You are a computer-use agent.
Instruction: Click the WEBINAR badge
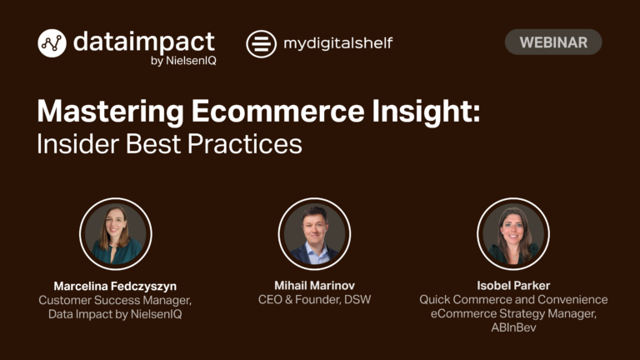coord(553,42)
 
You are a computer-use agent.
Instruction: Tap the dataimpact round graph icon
coord(52,43)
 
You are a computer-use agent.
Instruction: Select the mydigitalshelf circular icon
coord(261,44)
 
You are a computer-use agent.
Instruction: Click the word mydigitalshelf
coord(338,43)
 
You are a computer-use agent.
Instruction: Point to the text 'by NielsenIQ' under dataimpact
coord(183,61)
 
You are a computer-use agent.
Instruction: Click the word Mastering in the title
coord(111,111)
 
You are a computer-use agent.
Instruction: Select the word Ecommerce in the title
coord(278,111)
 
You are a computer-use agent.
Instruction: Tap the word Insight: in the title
coord(426,111)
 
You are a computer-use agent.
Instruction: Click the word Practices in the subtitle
coord(245,143)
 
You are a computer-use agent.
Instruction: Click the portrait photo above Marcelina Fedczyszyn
coord(116,234)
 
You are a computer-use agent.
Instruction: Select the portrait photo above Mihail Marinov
coord(314,234)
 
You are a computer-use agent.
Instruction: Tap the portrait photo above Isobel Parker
coord(513,234)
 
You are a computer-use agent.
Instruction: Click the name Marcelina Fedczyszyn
coord(115,286)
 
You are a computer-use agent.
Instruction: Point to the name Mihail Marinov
coord(314,285)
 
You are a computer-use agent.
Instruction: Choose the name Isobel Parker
coord(513,285)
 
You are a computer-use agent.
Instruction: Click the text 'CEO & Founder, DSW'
coord(314,300)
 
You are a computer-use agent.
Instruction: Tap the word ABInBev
coord(513,327)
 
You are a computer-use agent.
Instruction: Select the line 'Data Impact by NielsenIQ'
coord(115,314)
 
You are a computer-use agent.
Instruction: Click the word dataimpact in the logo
coord(144,42)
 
